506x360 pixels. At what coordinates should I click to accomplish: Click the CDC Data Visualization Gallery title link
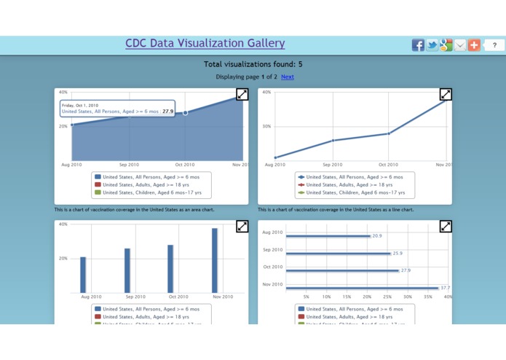205,44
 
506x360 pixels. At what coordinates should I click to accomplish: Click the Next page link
288,77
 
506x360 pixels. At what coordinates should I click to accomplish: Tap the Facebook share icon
418,45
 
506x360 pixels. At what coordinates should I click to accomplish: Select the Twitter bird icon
432,45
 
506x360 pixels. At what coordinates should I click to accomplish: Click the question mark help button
494,45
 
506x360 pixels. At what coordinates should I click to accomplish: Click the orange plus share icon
474,45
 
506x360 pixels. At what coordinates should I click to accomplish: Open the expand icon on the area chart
242,94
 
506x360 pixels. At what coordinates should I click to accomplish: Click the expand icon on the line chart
446,94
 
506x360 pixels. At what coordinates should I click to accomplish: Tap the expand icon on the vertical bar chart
242,227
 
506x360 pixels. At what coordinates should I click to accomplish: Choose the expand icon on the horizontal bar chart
446,227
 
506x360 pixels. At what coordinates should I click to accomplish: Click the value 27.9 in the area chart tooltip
168,111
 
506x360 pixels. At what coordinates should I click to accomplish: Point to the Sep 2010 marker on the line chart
333,141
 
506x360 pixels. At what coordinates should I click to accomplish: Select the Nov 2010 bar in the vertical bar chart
215,260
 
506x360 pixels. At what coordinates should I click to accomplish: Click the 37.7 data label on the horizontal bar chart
445,288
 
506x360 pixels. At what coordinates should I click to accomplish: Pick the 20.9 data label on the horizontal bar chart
377,236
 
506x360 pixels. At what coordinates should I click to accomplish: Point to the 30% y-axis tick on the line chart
266,126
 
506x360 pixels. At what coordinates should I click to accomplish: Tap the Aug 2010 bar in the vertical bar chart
83,275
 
